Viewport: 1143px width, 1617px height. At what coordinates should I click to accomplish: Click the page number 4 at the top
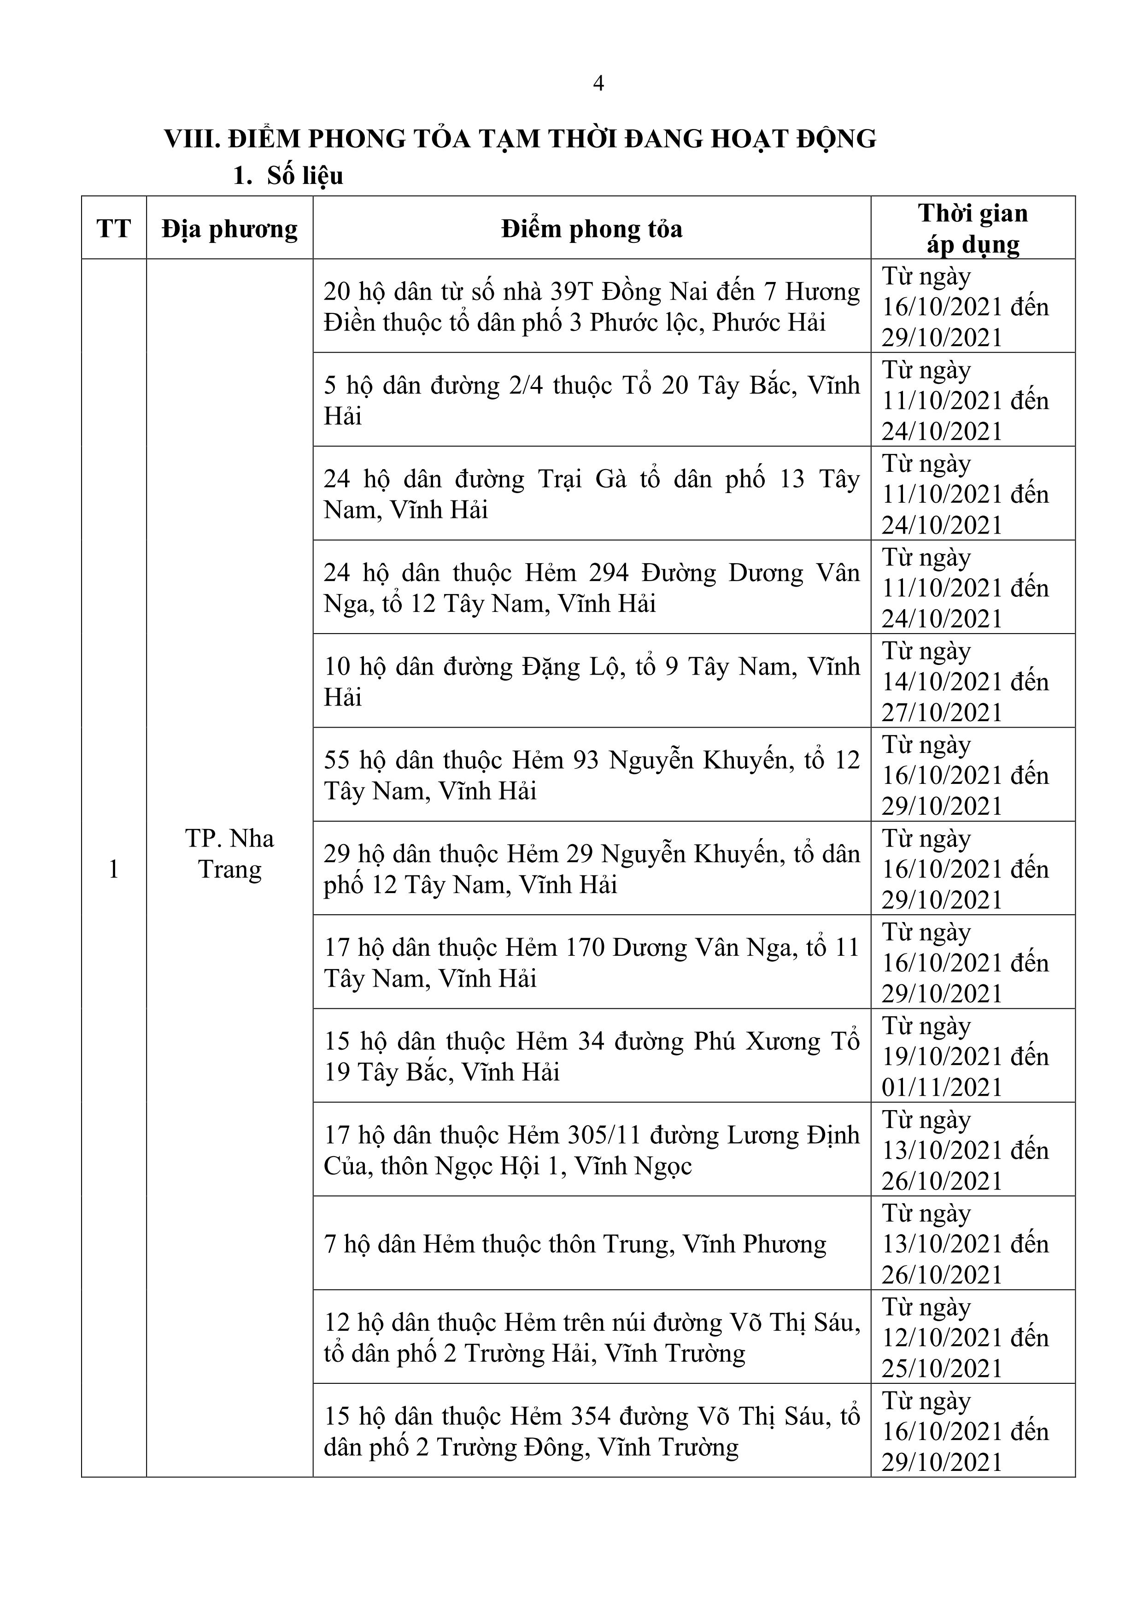[x=598, y=84]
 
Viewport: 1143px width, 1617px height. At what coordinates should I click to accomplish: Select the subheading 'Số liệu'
[x=305, y=176]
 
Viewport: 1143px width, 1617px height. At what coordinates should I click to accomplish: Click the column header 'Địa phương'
[x=229, y=229]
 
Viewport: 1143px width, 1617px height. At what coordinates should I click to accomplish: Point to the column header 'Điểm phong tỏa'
[x=592, y=229]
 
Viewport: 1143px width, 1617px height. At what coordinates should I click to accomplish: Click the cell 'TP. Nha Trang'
[x=229, y=853]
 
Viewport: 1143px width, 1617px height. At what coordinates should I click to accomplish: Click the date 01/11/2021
[x=942, y=1088]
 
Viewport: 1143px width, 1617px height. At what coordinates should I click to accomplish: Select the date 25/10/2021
[x=942, y=1369]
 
